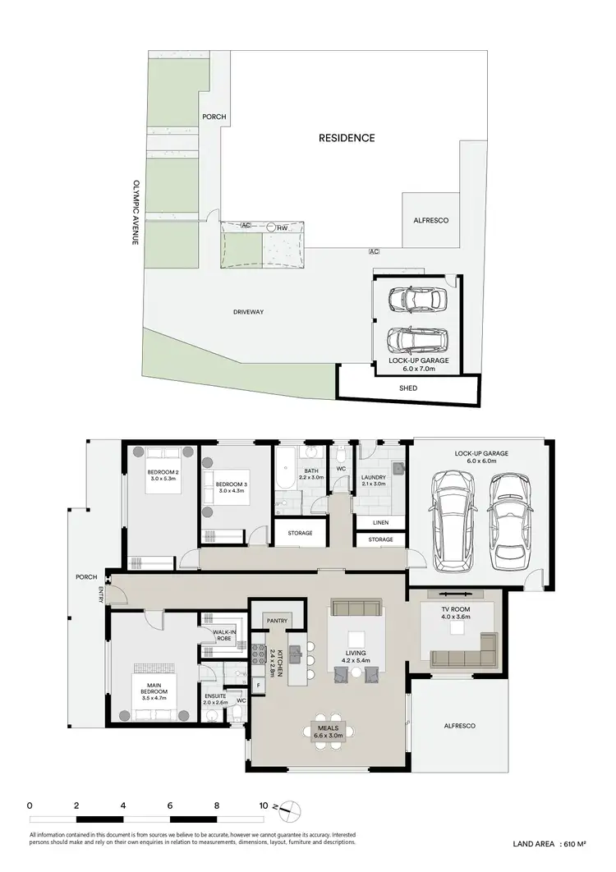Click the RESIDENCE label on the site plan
point(347,138)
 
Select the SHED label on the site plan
point(408,388)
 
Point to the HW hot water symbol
point(282,227)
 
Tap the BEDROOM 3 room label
point(232,487)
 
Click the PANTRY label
point(277,622)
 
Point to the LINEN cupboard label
point(380,522)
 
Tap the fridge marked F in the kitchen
point(259,683)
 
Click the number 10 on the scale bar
point(264,805)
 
